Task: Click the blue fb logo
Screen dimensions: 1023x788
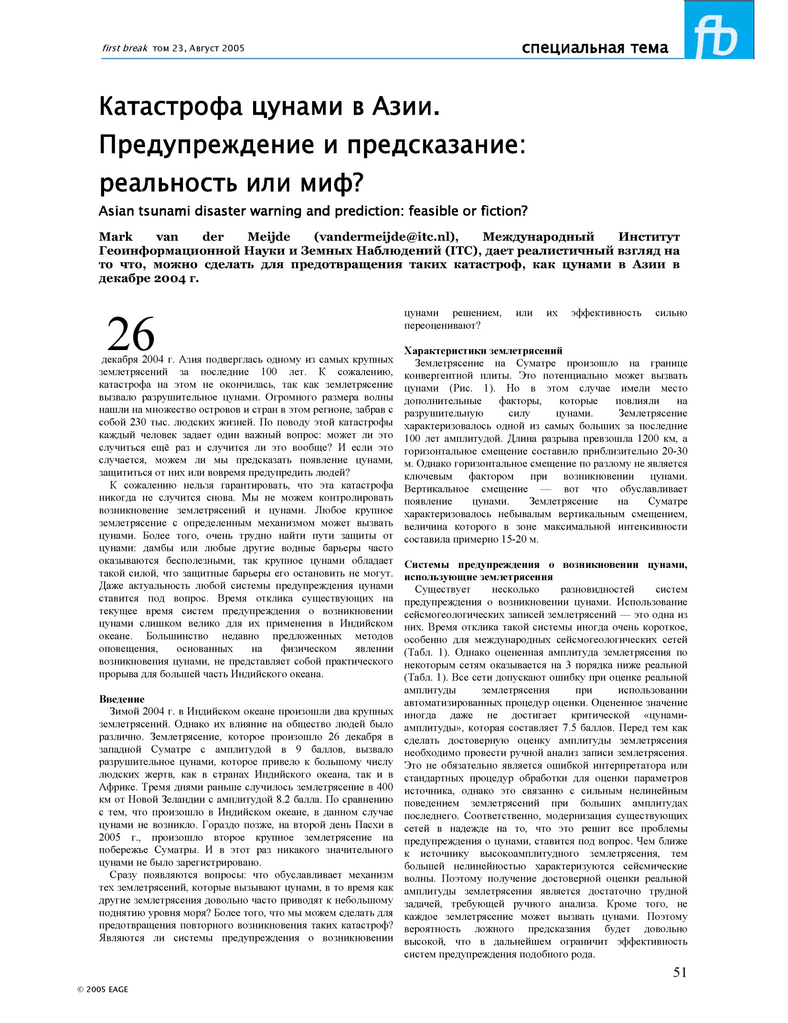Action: tap(718, 30)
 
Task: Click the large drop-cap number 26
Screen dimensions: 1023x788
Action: tap(131, 334)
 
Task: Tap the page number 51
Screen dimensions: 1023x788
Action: tap(680, 972)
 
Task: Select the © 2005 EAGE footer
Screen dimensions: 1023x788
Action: tap(103, 989)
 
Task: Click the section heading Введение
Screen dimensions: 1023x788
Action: tap(121, 699)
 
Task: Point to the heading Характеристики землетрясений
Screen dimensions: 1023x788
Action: tap(483, 351)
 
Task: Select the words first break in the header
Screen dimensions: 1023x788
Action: tap(125, 48)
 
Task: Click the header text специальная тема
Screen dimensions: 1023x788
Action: tap(595, 48)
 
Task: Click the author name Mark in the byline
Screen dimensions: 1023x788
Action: tap(116, 237)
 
